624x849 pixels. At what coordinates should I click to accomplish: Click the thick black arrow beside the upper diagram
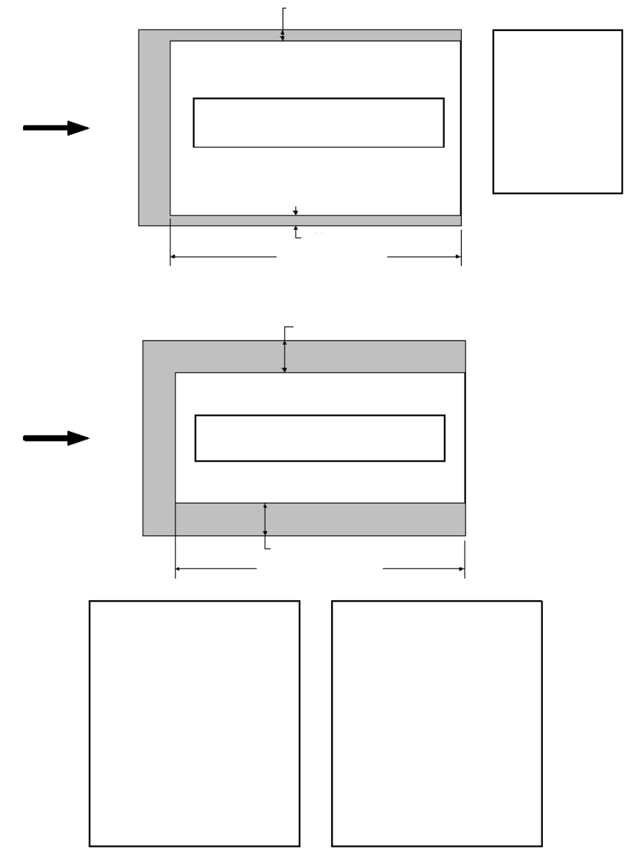(56, 128)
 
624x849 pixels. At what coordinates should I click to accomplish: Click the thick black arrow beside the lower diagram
(56, 439)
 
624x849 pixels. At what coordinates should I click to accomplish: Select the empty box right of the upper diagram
(557, 111)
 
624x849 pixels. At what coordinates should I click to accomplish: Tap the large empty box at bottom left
(194, 723)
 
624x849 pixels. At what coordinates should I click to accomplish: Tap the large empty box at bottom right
(437, 723)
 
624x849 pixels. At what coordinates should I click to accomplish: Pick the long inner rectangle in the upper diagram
(318, 123)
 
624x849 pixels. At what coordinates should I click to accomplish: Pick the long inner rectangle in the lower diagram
(319, 439)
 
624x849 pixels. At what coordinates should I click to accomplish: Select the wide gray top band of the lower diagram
(369, 357)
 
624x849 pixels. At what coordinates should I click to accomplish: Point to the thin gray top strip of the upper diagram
(369, 35)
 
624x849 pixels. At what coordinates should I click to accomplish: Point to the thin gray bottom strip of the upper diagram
(369, 220)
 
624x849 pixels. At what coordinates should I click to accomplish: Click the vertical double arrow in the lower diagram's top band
(284, 357)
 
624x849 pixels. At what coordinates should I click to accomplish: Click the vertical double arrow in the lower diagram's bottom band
(266, 519)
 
